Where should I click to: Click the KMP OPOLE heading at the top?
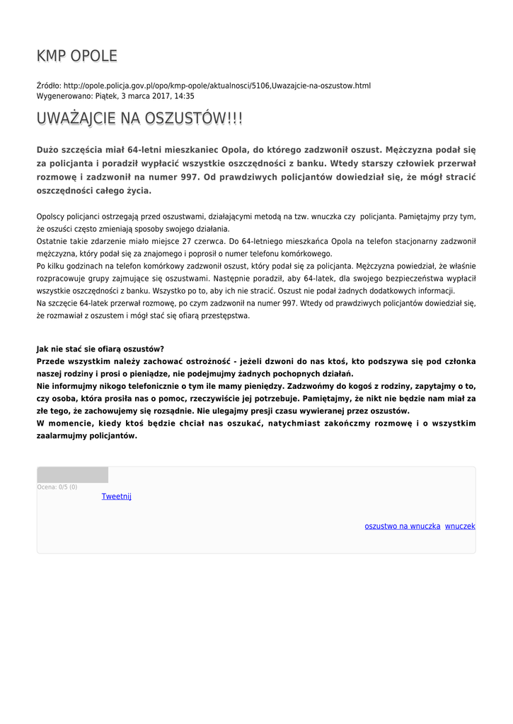point(77,57)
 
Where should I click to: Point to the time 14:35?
point(184,95)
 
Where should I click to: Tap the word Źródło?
point(49,86)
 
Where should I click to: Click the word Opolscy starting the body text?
point(52,216)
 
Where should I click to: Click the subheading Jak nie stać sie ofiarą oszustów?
point(100,349)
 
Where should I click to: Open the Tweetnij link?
point(116,496)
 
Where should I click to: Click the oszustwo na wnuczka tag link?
point(403,526)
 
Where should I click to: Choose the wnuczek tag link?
point(460,526)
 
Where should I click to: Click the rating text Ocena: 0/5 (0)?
point(57,486)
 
